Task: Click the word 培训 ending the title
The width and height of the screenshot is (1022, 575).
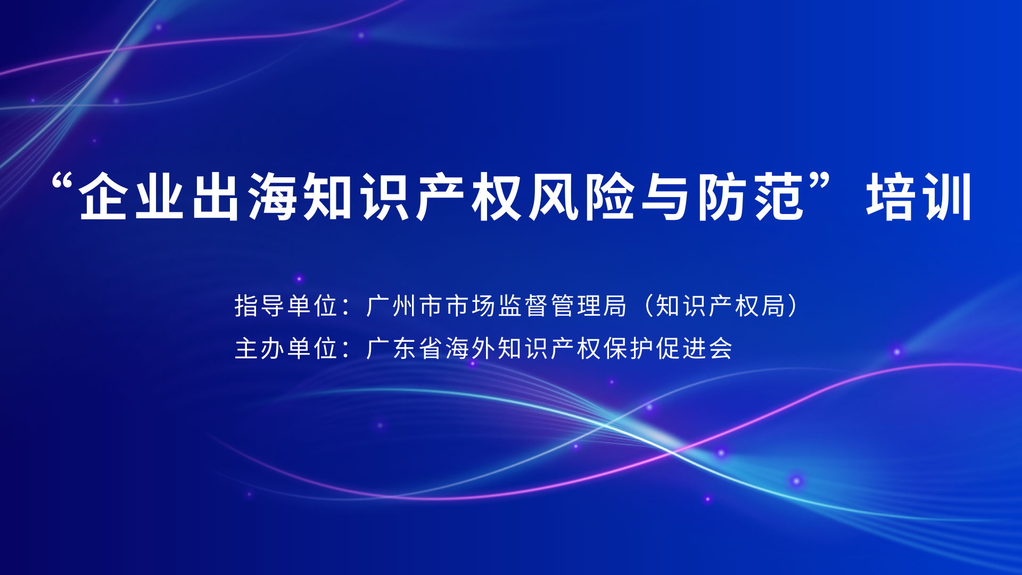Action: [919, 196]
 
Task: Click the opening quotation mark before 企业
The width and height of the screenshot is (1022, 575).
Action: [63, 184]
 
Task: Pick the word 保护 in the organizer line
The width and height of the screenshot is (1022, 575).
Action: [628, 349]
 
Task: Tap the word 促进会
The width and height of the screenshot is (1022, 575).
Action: [694, 349]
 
